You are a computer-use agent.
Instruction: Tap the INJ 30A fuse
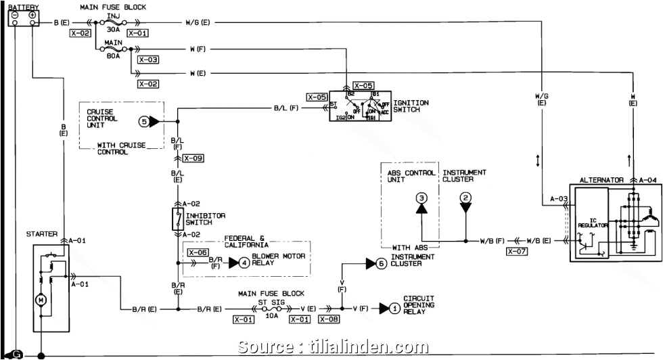click(x=112, y=23)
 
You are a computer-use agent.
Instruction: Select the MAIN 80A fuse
click(x=112, y=49)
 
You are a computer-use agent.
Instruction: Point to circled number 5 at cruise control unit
click(x=143, y=122)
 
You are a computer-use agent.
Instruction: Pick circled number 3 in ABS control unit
click(x=421, y=198)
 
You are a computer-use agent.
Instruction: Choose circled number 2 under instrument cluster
click(x=465, y=198)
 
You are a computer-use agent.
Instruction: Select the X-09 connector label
click(x=193, y=158)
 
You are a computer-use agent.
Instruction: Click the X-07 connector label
click(x=516, y=251)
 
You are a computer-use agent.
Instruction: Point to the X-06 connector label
click(x=198, y=252)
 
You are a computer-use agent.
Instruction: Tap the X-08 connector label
click(x=329, y=319)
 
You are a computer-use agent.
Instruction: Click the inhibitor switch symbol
click(x=178, y=219)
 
